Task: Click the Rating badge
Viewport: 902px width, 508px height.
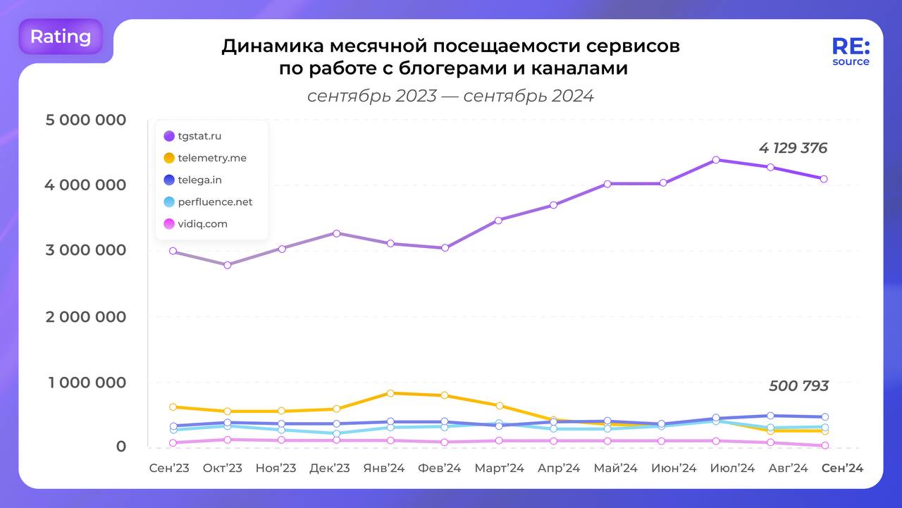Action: tap(61, 37)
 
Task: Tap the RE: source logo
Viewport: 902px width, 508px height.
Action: tap(851, 51)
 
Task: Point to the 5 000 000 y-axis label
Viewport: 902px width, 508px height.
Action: tap(86, 120)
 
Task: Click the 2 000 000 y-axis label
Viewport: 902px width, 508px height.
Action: tap(86, 316)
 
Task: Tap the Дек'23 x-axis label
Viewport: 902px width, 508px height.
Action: tap(330, 469)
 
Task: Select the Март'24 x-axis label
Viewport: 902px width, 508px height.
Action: tap(499, 469)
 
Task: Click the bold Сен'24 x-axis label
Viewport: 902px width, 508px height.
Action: tap(843, 469)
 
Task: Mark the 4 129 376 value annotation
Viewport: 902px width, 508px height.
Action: tap(793, 149)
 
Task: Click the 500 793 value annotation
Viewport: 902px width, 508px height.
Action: tap(798, 386)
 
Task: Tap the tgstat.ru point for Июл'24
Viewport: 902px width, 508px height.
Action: tap(716, 160)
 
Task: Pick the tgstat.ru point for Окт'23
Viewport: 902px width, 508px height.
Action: tap(227, 265)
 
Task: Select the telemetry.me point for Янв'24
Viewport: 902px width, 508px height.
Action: tap(390, 393)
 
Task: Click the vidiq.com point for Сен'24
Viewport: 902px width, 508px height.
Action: tap(824, 445)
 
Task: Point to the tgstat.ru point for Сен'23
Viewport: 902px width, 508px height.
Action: tap(173, 251)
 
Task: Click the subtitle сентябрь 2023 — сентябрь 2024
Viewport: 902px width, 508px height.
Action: tap(450, 96)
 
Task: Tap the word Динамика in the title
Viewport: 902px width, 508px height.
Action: tap(270, 47)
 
